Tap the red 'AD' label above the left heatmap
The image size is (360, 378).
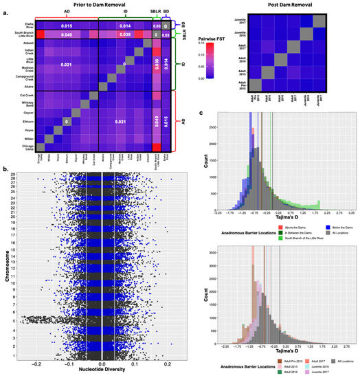(66, 12)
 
